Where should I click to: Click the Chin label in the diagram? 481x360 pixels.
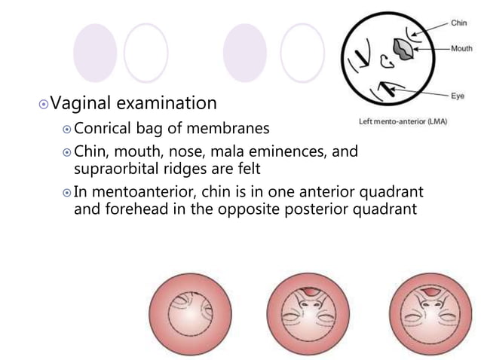458,23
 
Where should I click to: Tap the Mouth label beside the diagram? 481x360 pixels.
461,48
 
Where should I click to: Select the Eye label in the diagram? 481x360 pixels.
457,96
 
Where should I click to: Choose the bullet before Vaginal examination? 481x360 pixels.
44,103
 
